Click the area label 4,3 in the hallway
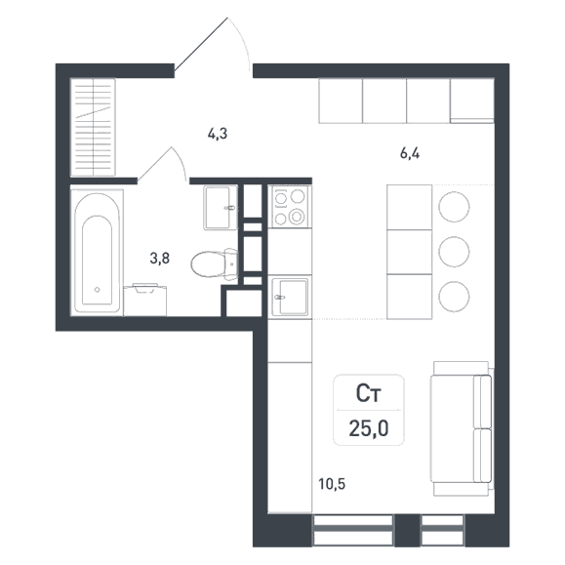tap(218, 134)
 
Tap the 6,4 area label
tap(410, 154)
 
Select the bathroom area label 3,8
tap(160, 259)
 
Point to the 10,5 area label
tap(332, 484)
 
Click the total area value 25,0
tap(369, 428)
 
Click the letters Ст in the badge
tap(368, 393)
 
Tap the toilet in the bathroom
tap(215, 263)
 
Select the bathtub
tap(97, 252)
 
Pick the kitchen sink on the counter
tap(291, 298)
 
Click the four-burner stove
tap(290, 207)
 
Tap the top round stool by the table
tap(454, 207)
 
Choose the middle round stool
tap(454, 252)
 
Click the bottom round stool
tap(454, 297)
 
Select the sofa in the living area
tap(462, 428)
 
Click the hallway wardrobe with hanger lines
tap(93, 127)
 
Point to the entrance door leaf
tap(201, 43)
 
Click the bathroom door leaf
tap(154, 164)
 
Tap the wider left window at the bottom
tap(352, 530)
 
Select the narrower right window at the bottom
tap(442, 530)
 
